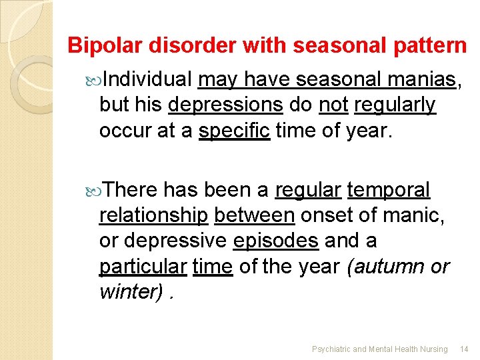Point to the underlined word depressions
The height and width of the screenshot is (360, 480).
coord(226,105)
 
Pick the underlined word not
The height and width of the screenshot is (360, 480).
coord(333,105)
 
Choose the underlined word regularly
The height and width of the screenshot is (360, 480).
coord(395,105)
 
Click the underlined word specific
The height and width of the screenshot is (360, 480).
coord(234,130)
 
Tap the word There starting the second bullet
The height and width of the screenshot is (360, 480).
coord(131,191)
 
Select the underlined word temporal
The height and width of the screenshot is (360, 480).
coord(389,191)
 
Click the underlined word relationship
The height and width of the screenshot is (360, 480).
coord(153,215)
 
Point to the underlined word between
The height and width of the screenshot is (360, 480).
coord(255,215)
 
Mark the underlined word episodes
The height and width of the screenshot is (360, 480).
coord(276,240)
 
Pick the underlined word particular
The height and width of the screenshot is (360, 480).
coord(143,266)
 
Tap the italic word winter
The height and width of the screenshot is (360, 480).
coord(129,291)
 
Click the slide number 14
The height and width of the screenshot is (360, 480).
coord(465,349)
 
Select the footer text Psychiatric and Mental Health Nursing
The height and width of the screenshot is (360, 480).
coord(380,349)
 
